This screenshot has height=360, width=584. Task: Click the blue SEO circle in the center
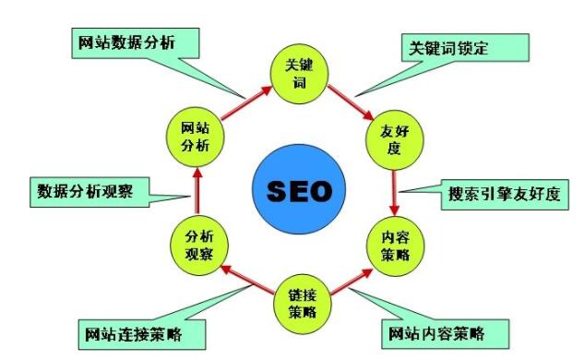[298, 191]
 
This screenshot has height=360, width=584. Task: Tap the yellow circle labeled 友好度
[394, 138]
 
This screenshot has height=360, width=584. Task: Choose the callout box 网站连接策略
[140, 331]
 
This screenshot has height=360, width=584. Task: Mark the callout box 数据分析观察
[84, 193]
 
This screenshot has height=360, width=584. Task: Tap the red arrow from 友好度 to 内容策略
[395, 191]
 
